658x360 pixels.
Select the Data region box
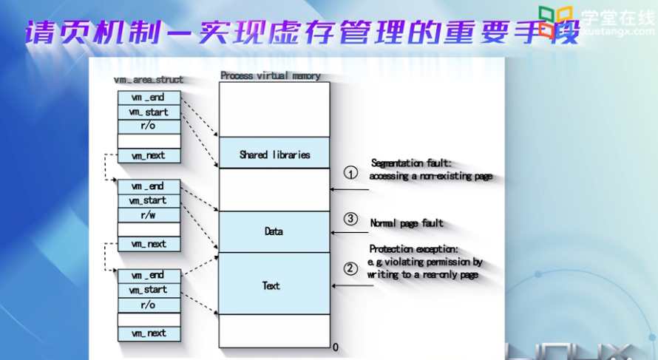coord(274,231)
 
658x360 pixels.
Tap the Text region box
coord(274,285)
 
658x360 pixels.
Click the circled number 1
coord(352,172)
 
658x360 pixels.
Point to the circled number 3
coord(352,220)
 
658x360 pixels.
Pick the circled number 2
coord(352,268)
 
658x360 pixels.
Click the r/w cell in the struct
coord(148,215)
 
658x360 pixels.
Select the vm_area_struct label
coord(149,79)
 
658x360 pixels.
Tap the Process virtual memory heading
coord(271,75)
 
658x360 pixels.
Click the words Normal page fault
coord(407,223)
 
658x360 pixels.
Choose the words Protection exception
coord(414,249)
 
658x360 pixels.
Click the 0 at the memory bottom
coord(336,347)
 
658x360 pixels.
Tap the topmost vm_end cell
coord(148,98)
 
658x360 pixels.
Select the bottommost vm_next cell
coord(148,333)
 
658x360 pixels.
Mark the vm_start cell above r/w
coord(148,200)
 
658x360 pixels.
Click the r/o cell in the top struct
coord(148,126)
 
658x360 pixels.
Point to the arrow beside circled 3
coord(350,233)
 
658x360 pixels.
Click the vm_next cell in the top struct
coord(148,156)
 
